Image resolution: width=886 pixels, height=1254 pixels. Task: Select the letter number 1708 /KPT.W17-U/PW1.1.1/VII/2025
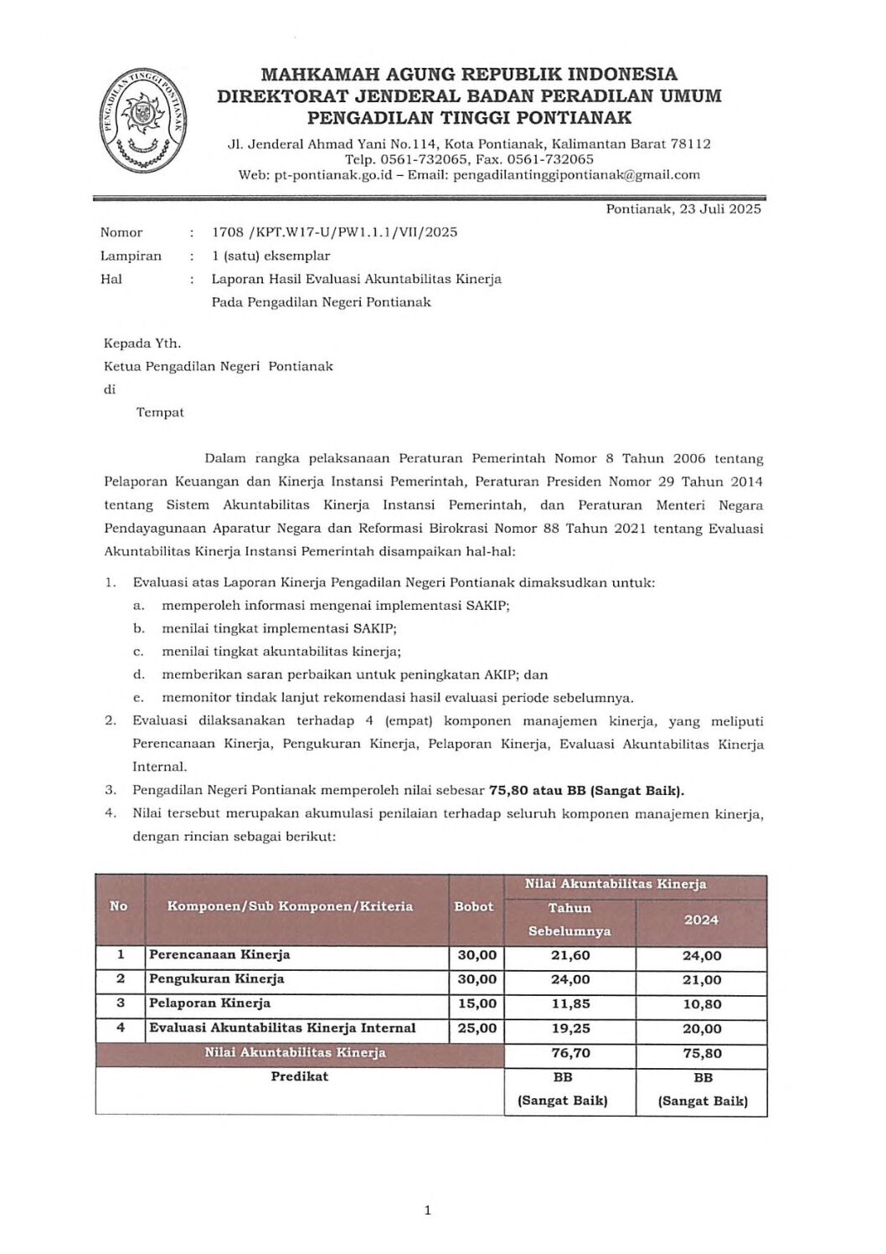pos(334,232)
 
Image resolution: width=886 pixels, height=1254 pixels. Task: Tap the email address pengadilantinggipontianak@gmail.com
pos(576,175)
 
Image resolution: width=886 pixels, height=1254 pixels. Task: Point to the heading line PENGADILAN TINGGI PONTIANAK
pos(469,117)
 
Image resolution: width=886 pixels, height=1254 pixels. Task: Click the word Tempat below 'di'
pos(160,412)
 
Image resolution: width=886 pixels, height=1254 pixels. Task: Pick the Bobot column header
pos(474,906)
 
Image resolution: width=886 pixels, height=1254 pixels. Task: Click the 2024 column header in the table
pos(701,920)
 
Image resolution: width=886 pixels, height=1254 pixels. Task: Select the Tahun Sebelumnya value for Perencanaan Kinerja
pos(569,955)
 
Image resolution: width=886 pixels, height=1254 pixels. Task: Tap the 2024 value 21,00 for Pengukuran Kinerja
pos(702,979)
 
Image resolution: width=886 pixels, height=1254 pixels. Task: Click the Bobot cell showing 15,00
pos(477,1004)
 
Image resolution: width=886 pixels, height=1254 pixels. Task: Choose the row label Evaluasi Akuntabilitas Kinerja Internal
pos(282,1028)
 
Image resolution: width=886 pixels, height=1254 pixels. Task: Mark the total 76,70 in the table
pos(569,1053)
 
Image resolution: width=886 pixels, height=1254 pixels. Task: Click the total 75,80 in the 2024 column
pos(702,1053)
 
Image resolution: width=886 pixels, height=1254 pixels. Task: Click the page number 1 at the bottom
pos(427,1210)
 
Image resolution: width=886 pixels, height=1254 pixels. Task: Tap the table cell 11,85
pos(569,1004)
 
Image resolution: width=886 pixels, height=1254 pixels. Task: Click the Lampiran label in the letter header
pos(131,255)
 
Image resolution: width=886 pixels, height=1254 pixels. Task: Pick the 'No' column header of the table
pos(119,906)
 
